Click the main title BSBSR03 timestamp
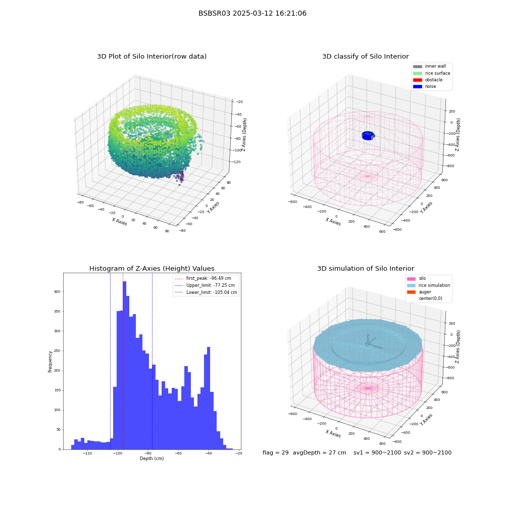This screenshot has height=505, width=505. [x=252, y=13]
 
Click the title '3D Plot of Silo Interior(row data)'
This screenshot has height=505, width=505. [x=151, y=57]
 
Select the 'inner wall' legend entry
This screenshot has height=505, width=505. [x=429, y=66]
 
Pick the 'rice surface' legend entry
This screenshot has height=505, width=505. [x=431, y=73]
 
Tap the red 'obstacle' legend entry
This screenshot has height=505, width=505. [x=428, y=80]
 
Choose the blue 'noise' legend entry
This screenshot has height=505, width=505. [x=425, y=86]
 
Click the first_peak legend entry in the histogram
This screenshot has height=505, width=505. [x=203, y=278]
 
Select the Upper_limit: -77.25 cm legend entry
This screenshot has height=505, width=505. [x=205, y=285]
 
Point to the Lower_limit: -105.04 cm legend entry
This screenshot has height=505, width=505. [x=206, y=292]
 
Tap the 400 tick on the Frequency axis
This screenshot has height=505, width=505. [x=57, y=292]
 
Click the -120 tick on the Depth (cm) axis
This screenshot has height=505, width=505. [x=87, y=453]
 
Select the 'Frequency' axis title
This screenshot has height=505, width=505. [x=50, y=362]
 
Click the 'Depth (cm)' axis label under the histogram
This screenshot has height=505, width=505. [x=151, y=459]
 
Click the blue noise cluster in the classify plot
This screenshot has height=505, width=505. [x=368, y=135]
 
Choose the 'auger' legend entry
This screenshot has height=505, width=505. [x=419, y=292]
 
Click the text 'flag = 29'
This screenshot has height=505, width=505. [x=275, y=452]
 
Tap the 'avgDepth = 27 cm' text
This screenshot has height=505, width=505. [x=320, y=452]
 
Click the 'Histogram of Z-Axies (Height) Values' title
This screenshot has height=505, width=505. [x=151, y=269]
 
